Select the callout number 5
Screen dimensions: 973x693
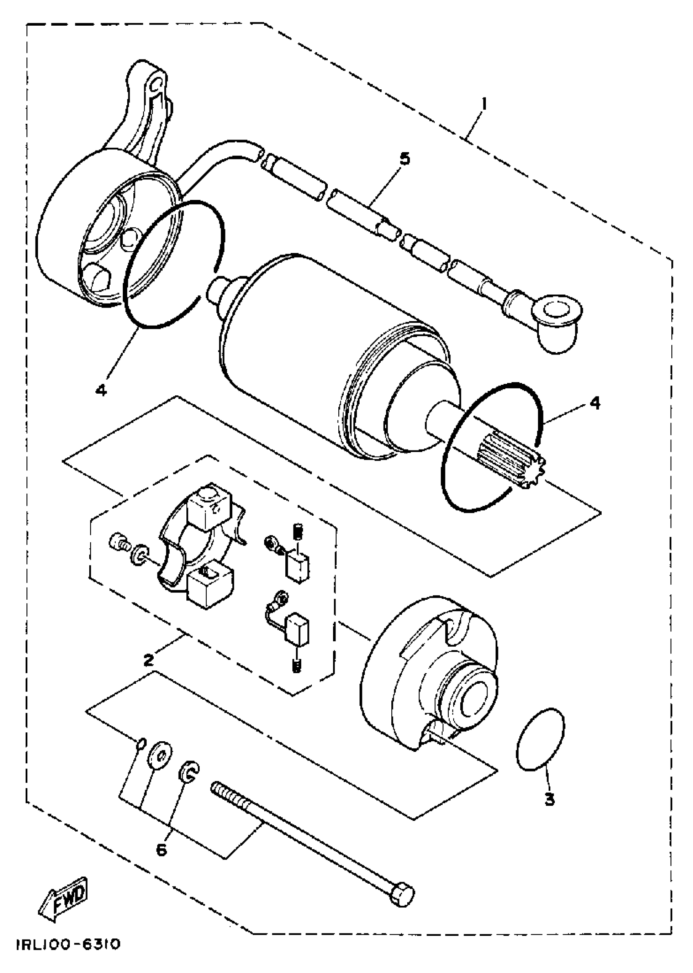pos(404,159)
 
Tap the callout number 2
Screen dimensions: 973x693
pos(148,660)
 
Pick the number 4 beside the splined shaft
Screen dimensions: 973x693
pos(594,402)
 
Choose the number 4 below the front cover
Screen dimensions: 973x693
pos(101,389)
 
